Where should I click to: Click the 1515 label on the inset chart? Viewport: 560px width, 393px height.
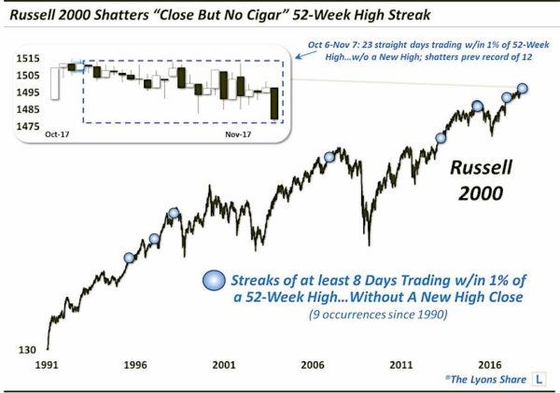coord(27,58)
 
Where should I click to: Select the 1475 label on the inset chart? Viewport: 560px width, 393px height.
coord(27,126)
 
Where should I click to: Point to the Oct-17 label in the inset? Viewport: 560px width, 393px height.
coord(59,136)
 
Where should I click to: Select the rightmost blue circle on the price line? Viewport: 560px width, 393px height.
coord(523,89)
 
